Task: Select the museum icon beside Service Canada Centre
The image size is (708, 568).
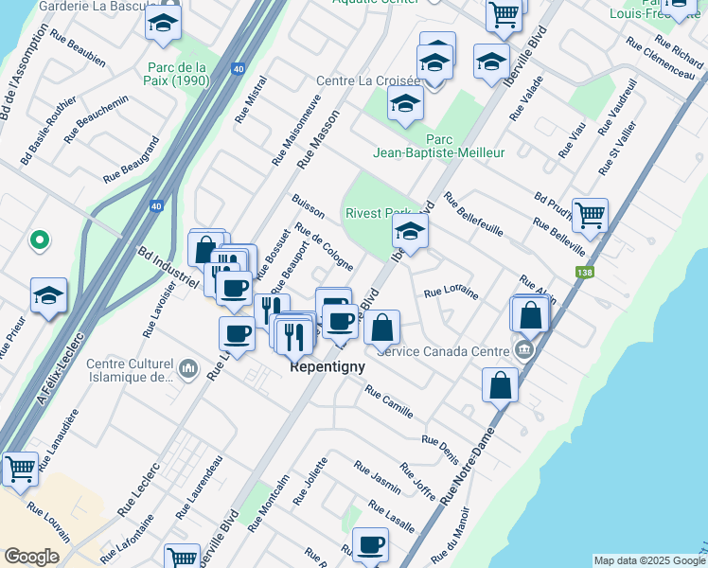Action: (x=523, y=350)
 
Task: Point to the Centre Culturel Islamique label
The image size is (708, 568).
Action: (x=131, y=370)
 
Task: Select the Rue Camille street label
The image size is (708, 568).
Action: (x=389, y=402)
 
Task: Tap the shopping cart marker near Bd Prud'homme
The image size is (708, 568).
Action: (x=590, y=215)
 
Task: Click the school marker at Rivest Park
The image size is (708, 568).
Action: (x=410, y=231)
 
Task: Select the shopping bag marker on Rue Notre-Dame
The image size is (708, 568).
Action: (x=500, y=384)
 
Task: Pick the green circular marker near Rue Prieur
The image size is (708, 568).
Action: (x=39, y=240)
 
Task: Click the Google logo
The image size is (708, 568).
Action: (x=32, y=556)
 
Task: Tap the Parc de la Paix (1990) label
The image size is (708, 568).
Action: (x=177, y=73)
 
